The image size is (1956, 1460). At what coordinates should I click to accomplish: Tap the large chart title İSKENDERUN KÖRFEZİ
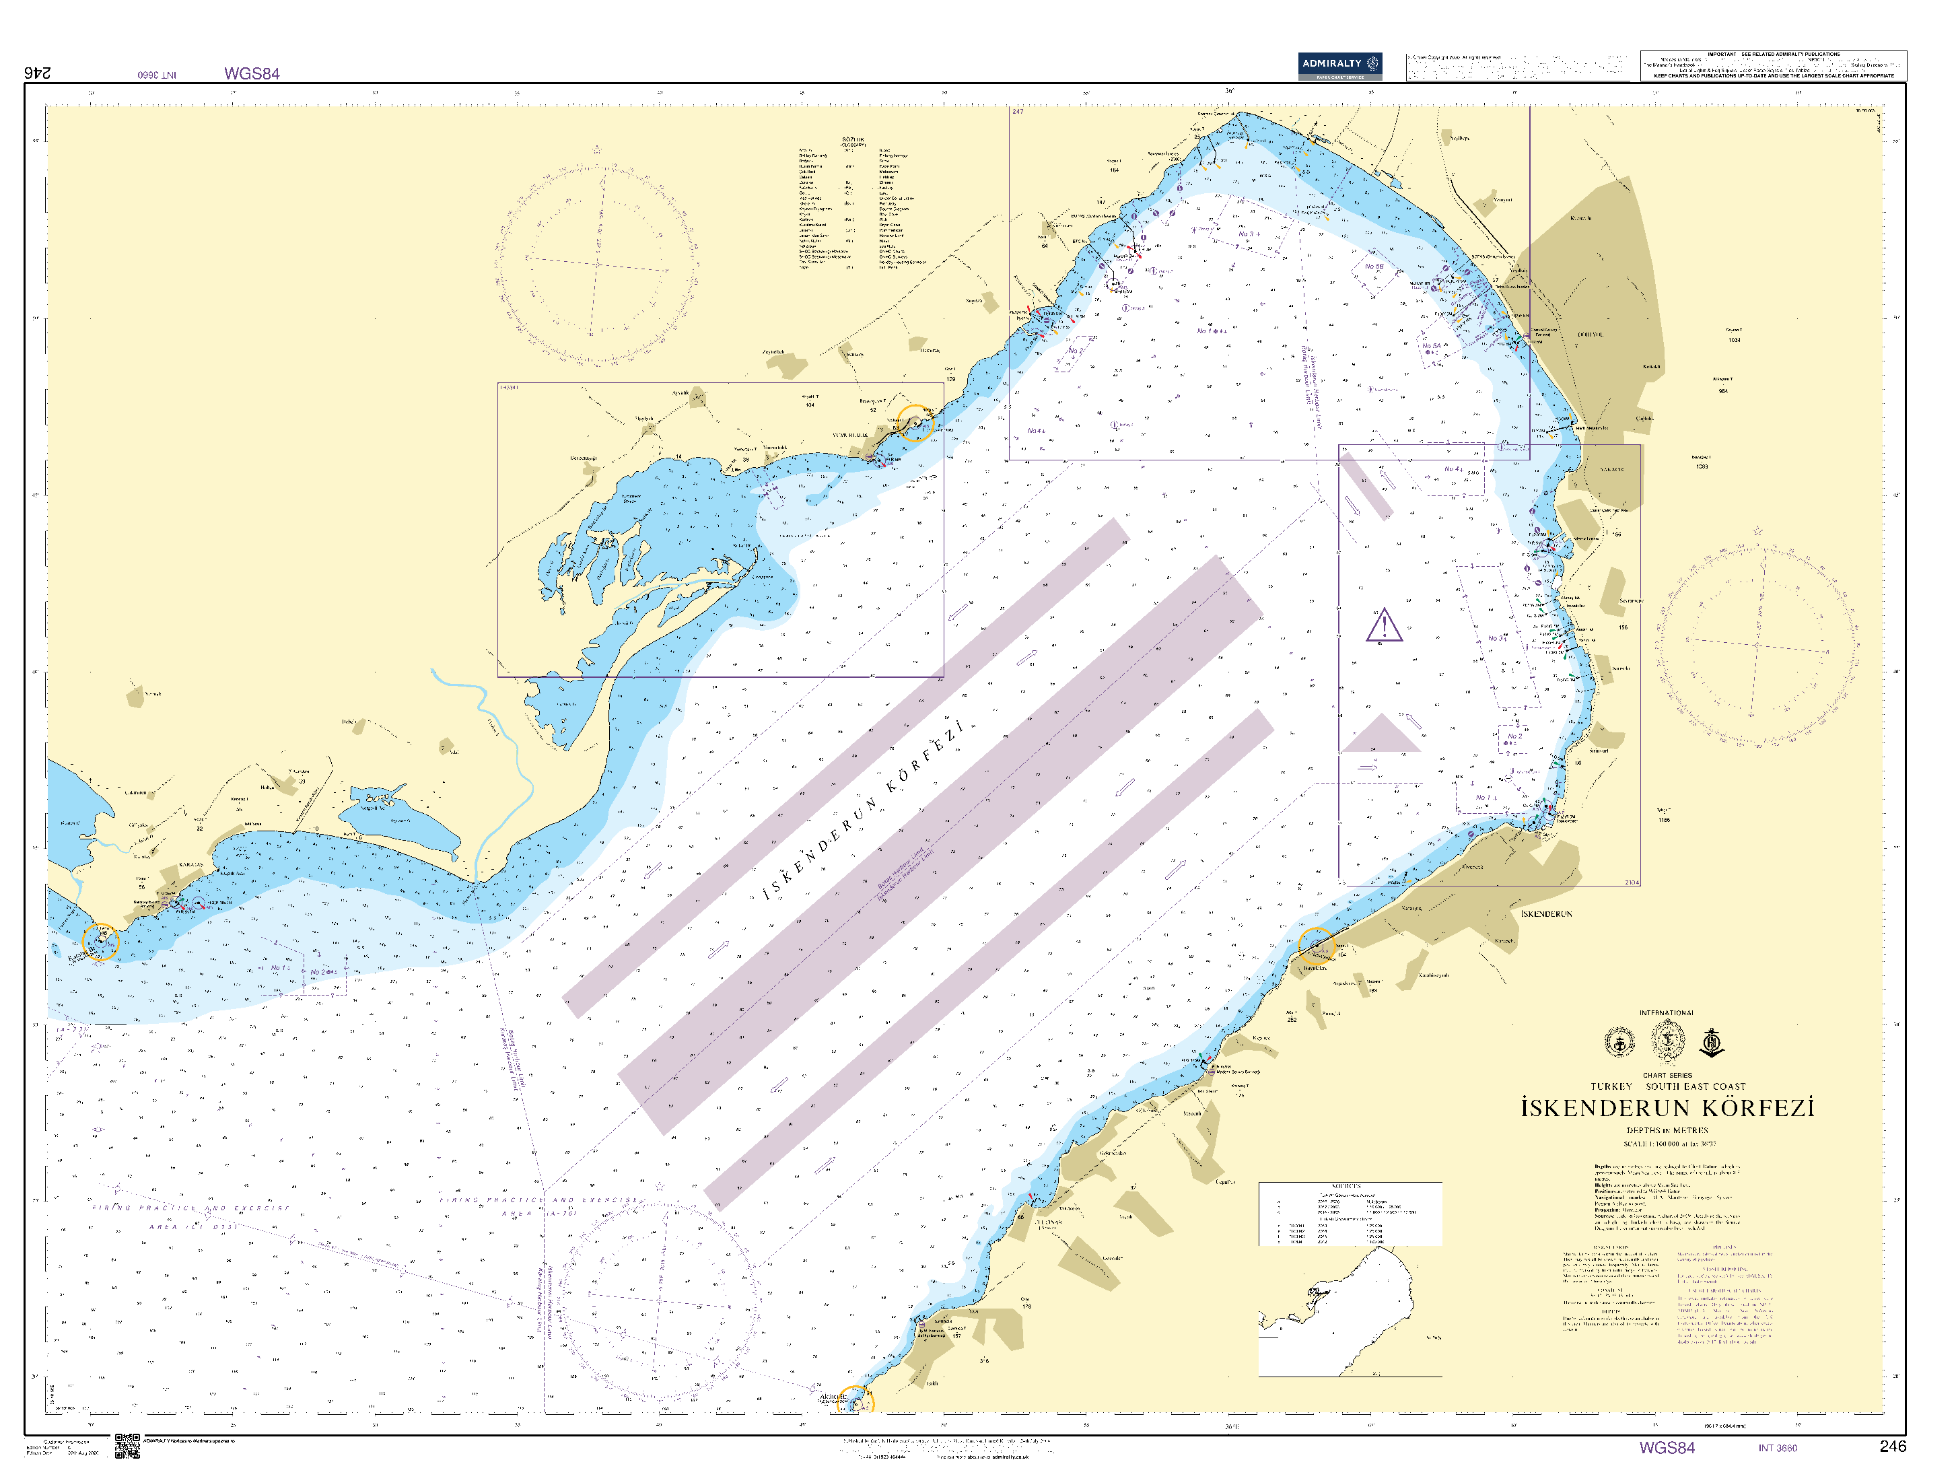1666,1108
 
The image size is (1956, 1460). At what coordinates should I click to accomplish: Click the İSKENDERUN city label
1546,914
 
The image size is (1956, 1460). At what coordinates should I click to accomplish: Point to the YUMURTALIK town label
849,436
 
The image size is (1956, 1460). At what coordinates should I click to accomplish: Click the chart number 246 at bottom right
1892,1447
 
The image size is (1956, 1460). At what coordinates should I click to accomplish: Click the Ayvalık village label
680,392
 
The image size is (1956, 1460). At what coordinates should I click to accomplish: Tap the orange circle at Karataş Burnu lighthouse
100,942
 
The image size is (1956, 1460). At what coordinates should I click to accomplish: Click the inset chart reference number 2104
1632,882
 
